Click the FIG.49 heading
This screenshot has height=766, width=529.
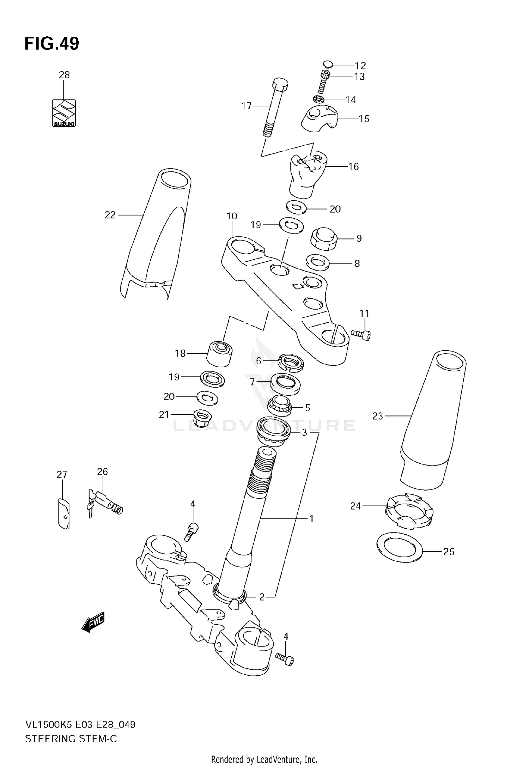pos(52,44)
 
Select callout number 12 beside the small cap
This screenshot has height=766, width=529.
pos(360,66)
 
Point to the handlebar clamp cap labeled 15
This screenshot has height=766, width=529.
pos(320,119)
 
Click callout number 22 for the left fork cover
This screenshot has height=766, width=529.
pos(110,215)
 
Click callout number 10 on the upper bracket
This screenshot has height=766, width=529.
pos(232,216)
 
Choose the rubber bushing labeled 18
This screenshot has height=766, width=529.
pos(219,354)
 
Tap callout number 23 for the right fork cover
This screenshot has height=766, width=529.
pos(377,416)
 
